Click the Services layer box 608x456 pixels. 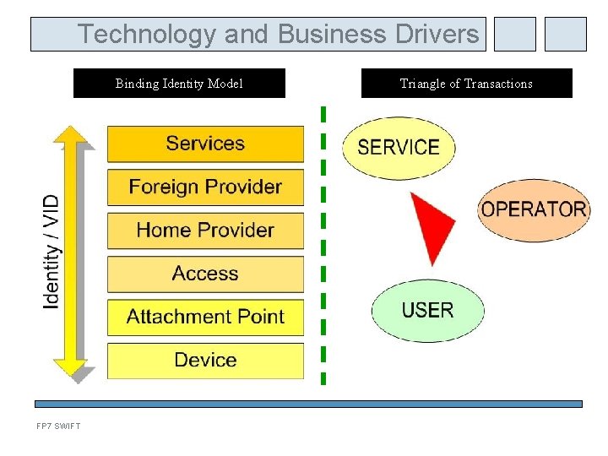click(x=205, y=144)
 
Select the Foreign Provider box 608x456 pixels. click(x=205, y=187)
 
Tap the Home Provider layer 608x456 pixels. click(x=205, y=230)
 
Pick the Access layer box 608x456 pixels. click(x=205, y=274)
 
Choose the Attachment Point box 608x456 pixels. click(x=205, y=317)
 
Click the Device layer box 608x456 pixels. click(x=205, y=361)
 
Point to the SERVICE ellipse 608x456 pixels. click(x=399, y=148)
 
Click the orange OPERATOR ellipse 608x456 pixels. click(x=534, y=209)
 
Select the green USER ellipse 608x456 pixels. click(x=428, y=311)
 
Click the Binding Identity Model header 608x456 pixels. click(x=179, y=84)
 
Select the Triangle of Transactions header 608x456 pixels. click(x=466, y=84)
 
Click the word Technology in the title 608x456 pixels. click(x=148, y=35)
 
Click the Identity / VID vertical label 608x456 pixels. click(x=52, y=252)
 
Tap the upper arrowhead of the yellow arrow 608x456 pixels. click(x=71, y=135)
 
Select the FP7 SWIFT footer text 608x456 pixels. click(x=58, y=426)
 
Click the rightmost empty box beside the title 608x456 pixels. click(x=565, y=35)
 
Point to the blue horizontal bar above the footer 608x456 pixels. click(x=308, y=404)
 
